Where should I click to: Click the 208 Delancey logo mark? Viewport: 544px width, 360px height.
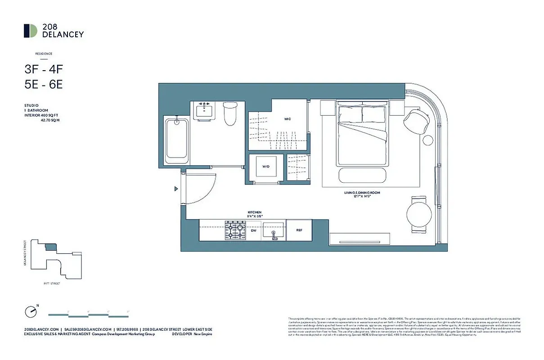click(31, 31)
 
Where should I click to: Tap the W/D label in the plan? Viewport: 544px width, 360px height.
click(265, 167)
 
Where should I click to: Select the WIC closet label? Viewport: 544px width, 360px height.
click(287, 119)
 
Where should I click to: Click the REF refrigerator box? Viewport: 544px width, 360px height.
click(299, 230)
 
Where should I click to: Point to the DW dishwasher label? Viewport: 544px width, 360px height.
click(253, 230)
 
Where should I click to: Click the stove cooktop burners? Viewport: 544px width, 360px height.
click(235, 230)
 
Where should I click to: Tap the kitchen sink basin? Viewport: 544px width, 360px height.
click(274, 230)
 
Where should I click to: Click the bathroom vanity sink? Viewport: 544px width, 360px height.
click(206, 110)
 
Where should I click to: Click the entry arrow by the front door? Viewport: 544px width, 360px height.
click(176, 189)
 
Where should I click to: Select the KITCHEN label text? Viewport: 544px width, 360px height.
click(254, 212)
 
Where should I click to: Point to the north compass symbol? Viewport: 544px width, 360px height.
click(30, 311)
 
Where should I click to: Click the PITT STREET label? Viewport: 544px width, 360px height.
click(52, 283)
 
